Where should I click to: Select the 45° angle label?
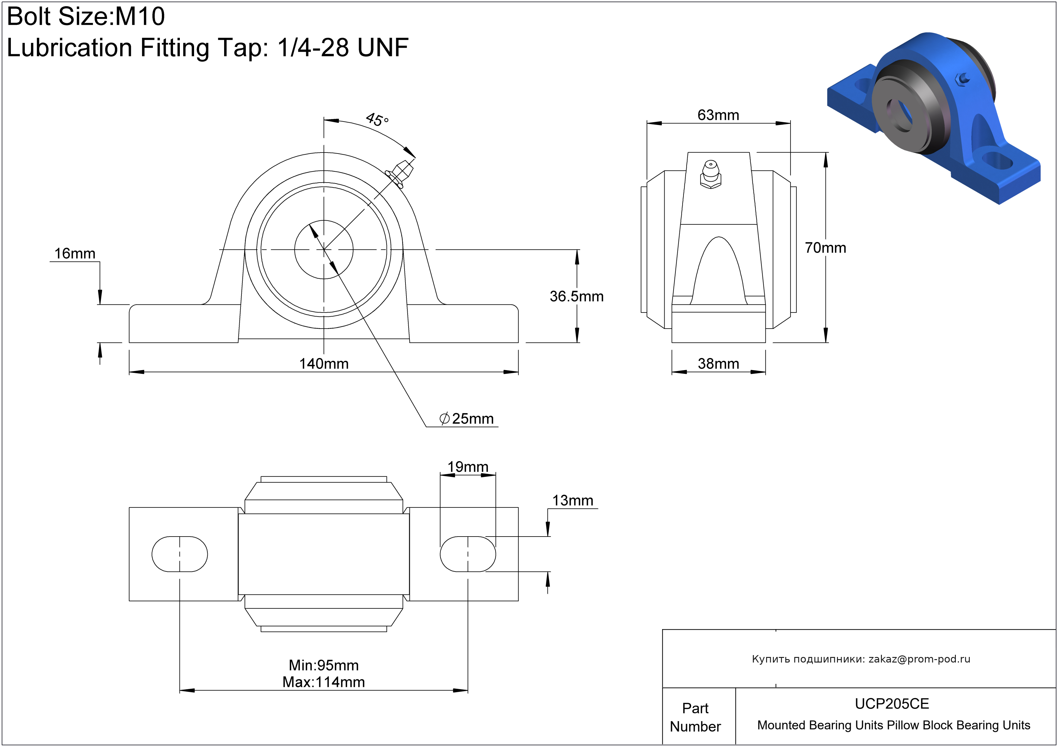(x=377, y=120)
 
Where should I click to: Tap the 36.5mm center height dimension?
(x=576, y=296)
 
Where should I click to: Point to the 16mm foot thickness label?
(x=75, y=253)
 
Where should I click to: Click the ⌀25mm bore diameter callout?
(x=467, y=419)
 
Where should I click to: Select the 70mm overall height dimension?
(x=825, y=248)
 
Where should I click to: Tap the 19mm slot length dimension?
(x=468, y=467)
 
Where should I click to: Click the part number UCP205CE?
(x=892, y=704)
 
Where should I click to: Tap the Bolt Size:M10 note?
(x=86, y=17)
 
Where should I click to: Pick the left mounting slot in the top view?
(x=180, y=554)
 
